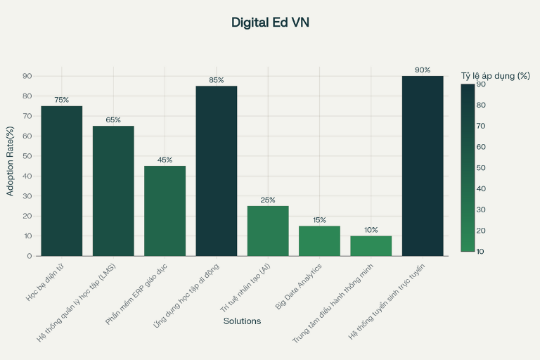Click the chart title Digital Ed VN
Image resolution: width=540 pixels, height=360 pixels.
(x=270, y=22)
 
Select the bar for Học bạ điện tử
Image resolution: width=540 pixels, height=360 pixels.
(x=62, y=181)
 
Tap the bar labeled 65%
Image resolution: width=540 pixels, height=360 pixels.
(x=113, y=191)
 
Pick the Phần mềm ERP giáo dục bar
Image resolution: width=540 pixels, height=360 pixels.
(x=165, y=211)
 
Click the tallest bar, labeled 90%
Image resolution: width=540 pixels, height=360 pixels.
(x=423, y=166)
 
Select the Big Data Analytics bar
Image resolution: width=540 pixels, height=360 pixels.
(x=319, y=241)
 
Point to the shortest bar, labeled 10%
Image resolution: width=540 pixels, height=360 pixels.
(x=371, y=246)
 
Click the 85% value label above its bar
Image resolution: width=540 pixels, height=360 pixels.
(x=217, y=80)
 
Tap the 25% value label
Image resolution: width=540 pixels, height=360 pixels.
(x=268, y=200)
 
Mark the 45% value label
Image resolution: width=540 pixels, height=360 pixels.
(x=165, y=160)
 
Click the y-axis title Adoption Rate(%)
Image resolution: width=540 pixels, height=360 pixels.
(x=10, y=161)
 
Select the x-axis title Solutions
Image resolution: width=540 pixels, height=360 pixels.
(x=242, y=321)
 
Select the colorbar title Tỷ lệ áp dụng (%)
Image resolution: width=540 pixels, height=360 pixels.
(x=495, y=75)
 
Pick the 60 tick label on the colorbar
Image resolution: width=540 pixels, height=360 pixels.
(x=481, y=147)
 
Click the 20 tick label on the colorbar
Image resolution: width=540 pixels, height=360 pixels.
(x=481, y=231)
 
